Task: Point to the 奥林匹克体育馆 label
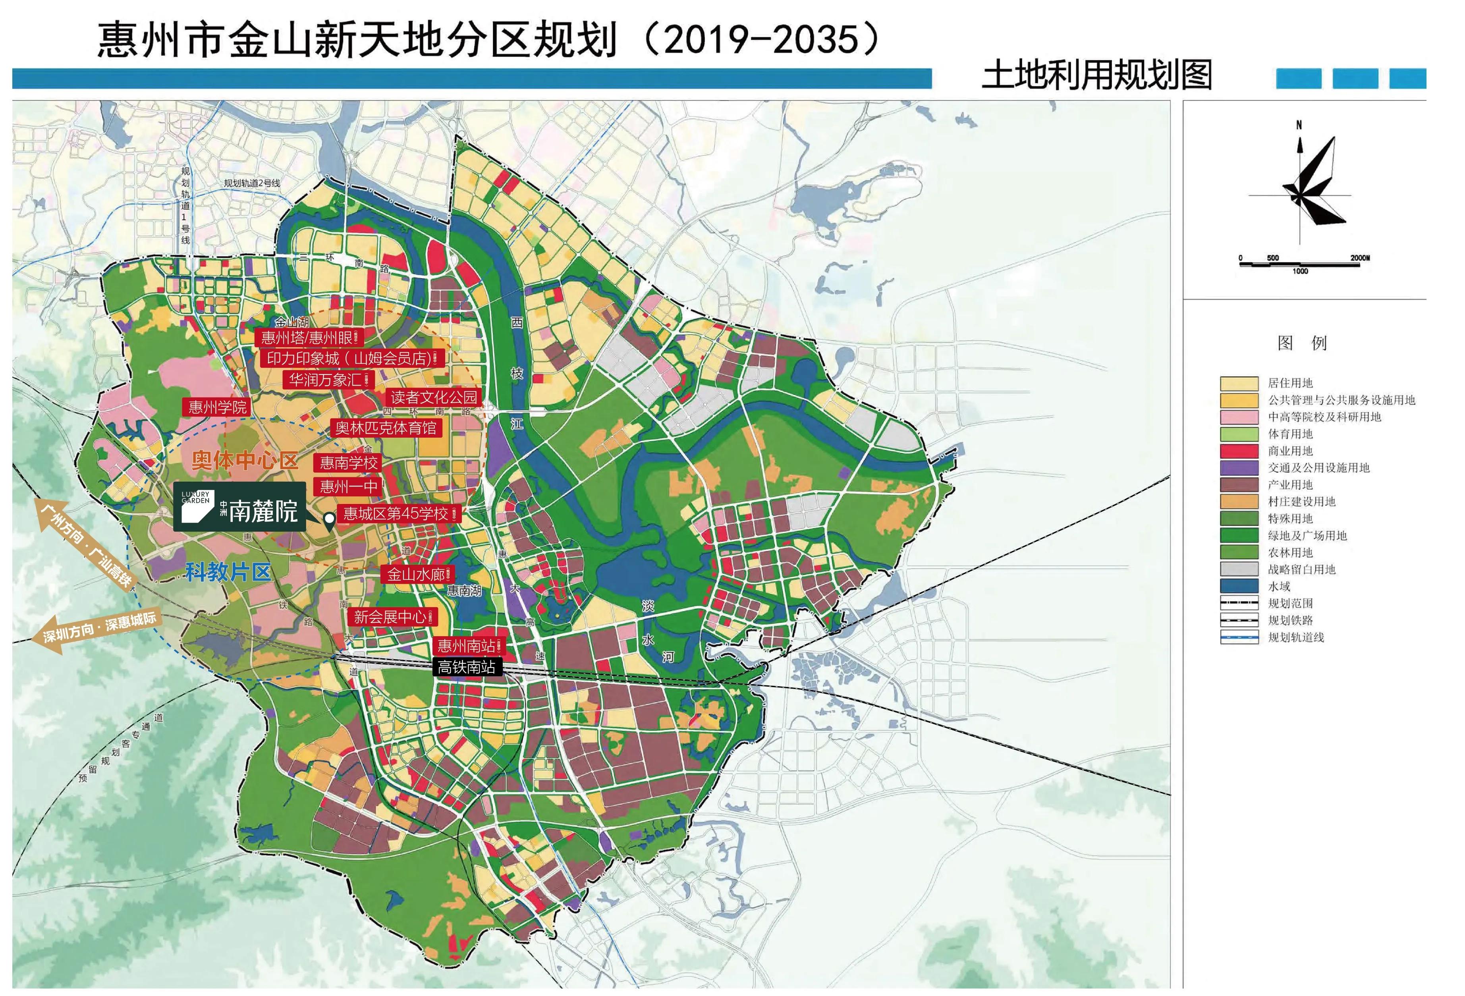385,428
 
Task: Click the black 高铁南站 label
467,667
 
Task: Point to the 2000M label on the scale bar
1360,258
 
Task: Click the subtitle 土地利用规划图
1097,75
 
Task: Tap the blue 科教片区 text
228,572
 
